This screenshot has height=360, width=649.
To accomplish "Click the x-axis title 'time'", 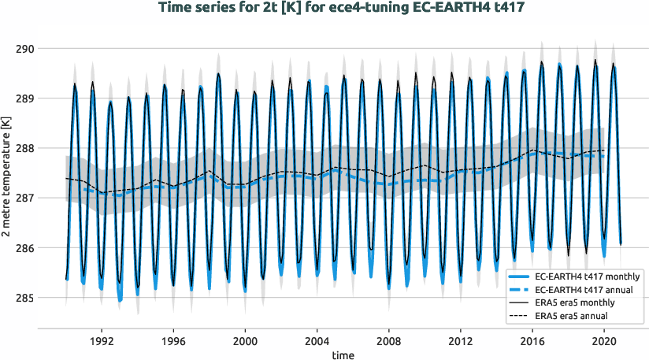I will tap(343, 355).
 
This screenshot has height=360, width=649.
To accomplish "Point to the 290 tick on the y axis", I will tap(25, 49).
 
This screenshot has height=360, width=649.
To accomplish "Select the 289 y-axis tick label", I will tap(25, 98).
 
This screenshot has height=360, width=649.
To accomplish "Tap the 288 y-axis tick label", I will tap(25, 148).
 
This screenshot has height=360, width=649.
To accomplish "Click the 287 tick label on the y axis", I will tap(25, 199).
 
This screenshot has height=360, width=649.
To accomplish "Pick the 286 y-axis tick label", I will tap(25, 248).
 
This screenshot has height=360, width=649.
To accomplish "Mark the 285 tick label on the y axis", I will tap(25, 298).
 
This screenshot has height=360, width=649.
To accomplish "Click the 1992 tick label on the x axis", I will tap(102, 342).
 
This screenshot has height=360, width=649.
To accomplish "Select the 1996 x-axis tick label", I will tap(173, 342).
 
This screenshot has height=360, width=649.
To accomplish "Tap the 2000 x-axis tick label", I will tap(245, 342).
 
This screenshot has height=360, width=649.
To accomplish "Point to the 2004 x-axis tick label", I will tap(317, 342).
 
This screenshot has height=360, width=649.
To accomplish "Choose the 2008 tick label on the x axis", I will tap(389, 342).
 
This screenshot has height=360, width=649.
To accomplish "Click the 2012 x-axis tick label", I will tap(461, 342).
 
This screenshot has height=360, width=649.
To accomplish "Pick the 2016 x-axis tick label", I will tap(532, 342).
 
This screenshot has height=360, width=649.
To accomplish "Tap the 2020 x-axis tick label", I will tap(604, 342).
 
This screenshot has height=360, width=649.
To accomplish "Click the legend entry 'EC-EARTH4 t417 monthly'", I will tap(587, 276).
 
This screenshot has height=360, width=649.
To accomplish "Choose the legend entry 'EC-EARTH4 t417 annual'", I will tap(584, 289).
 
